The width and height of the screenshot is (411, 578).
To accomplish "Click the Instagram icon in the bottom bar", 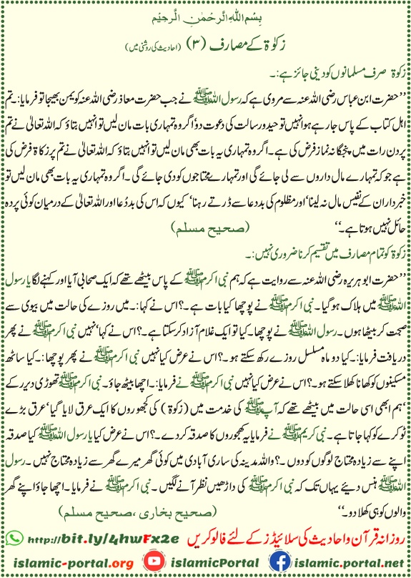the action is click(144, 562).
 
